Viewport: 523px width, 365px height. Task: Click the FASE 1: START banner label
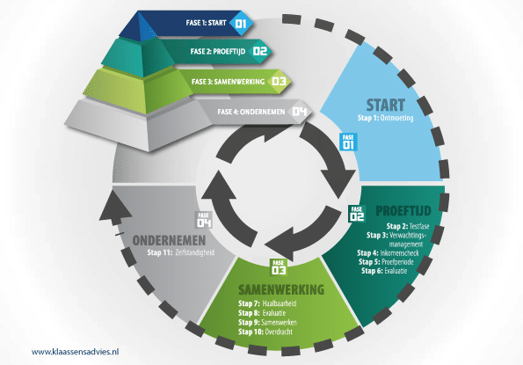207,23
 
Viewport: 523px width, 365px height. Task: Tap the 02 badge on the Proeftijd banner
260,51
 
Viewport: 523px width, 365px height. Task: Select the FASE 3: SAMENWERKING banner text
228,82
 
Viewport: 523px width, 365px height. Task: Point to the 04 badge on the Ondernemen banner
299,111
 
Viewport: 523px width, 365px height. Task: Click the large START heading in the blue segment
386,105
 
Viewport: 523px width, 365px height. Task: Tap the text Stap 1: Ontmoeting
385,118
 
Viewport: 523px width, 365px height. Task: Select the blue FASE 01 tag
348,142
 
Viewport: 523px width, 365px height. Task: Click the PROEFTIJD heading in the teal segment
403,211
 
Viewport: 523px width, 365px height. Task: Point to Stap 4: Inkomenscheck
388,253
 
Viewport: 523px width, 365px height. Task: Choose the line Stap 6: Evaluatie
384,271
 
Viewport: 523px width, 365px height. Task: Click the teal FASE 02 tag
357,214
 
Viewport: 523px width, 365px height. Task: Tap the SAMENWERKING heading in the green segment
281,289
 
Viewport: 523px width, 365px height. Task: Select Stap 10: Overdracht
265,332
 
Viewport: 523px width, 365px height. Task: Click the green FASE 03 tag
278,267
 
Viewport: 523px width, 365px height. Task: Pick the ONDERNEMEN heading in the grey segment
169,240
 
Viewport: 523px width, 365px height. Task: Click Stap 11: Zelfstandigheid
181,252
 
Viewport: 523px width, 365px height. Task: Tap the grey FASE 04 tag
203,220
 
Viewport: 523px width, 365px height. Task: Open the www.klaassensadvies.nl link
75,352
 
